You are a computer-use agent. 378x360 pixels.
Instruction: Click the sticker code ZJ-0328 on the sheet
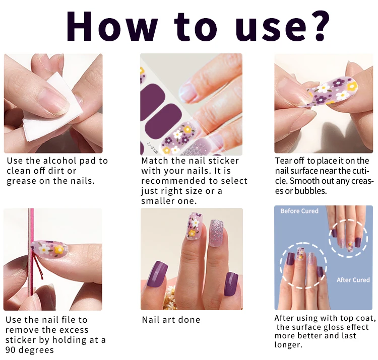(x=152, y=148)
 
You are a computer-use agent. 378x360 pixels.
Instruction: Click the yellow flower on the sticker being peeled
(x=352, y=86)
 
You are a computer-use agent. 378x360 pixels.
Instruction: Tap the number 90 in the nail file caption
(x=11, y=350)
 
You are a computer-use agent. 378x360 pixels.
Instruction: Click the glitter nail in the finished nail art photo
(x=217, y=233)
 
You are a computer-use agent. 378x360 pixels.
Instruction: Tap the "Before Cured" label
(x=299, y=211)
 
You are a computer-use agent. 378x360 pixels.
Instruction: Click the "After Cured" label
(x=353, y=280)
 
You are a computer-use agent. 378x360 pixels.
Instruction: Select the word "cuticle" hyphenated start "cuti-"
(x=361, y=171)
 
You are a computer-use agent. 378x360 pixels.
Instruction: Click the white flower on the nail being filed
(x=44, y=249)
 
